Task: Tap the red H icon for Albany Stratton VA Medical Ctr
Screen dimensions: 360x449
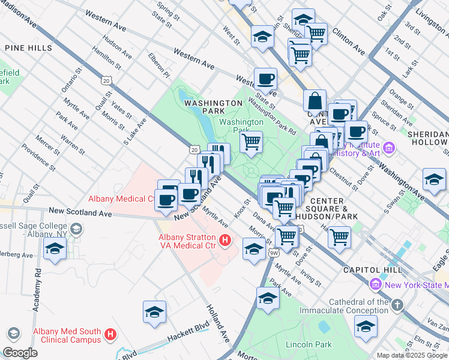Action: tap(225, 241)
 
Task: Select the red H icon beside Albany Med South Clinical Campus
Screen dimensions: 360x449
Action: tap(110, 334)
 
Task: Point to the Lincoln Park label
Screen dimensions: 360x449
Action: tap(309, 344)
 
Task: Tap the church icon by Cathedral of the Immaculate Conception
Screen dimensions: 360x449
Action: tap(397, 306)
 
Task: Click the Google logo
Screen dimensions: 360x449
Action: tap(20, 353)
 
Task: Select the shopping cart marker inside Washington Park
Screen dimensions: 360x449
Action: tap(251, 143)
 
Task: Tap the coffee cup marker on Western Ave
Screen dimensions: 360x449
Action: tap(265, 79)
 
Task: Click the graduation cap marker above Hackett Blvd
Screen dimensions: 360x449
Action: tap(154, 312)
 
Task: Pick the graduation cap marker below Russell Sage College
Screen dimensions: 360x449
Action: tap(55, 249)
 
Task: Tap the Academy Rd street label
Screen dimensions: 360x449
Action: tap(37, 280)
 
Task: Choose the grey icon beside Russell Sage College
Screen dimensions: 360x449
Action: tap(76, 229)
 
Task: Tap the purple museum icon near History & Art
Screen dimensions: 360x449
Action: tap(390, 147)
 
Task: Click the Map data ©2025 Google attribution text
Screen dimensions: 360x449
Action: tap(412, 355)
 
